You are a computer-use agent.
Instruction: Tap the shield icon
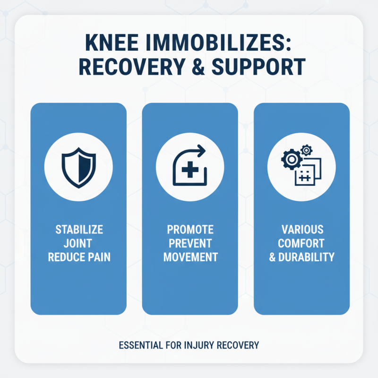point(78,166)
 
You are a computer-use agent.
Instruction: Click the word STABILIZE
point(78,231)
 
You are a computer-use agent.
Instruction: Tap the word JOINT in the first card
point(78,244)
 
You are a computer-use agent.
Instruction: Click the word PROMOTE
point(190,230)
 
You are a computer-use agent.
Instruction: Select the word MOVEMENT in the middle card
point(190,258)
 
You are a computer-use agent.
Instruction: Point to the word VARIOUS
point(302,230)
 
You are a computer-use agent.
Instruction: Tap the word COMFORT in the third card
point(302,244)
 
